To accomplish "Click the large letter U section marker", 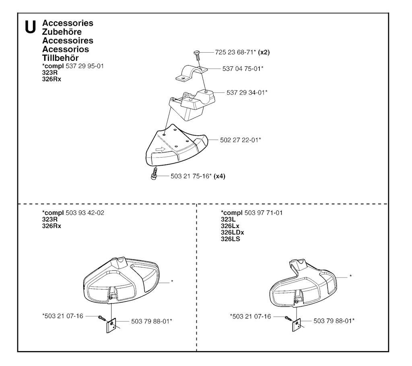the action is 30,27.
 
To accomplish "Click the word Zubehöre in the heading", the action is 62,32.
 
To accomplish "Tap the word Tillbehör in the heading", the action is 60,58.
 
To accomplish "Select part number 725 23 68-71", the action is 235,52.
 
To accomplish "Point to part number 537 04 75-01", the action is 243,69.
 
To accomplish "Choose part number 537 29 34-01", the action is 247,93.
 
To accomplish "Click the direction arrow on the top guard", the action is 160,149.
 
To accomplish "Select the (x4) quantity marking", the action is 219,176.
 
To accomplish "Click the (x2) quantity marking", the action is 264,52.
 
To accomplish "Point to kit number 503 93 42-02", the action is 85,213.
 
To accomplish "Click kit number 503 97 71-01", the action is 263,213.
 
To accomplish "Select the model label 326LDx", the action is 232,232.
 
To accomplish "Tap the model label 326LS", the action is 231,239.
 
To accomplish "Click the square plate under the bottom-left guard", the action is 111,326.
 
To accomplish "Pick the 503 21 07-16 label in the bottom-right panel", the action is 250,317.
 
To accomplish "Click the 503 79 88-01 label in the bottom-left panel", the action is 152,321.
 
